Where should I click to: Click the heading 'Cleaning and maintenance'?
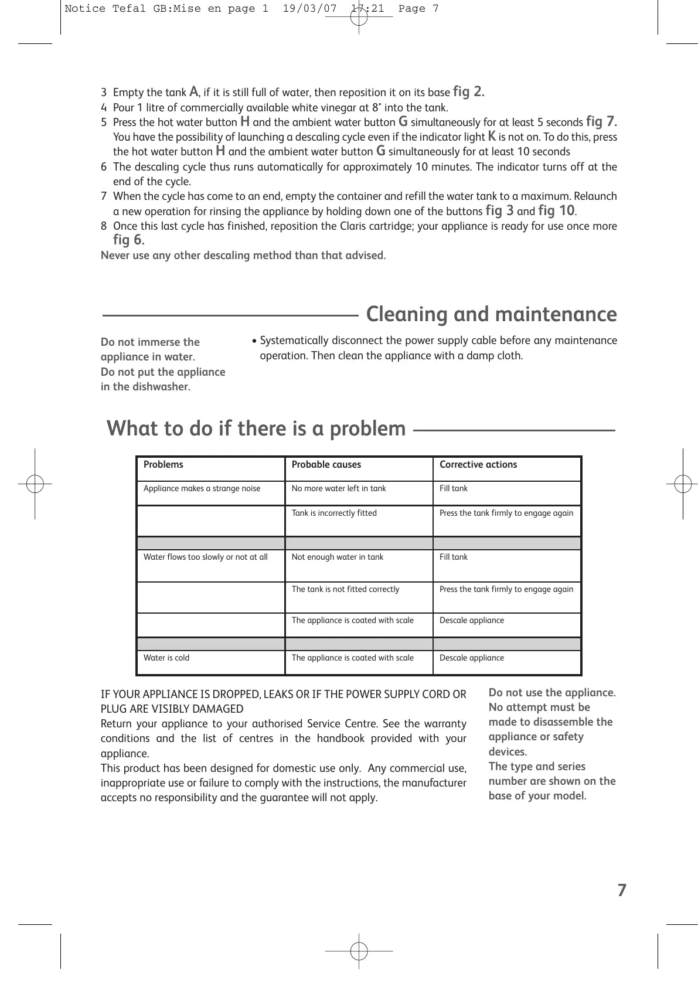491,314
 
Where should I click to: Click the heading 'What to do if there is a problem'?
256,428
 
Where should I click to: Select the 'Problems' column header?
164,465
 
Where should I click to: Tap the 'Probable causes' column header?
326,465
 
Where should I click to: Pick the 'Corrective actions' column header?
478,465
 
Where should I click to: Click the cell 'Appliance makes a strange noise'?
202,489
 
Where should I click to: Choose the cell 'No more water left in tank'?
339,489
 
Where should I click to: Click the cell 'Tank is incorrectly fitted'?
334,513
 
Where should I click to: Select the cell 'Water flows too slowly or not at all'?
206,557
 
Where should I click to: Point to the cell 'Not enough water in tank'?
338,557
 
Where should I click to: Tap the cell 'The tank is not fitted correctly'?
345,590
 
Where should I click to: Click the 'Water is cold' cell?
166,658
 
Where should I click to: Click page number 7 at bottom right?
622,890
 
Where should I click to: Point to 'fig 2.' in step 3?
468,91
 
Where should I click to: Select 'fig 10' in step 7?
556,210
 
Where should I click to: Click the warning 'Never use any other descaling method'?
243,256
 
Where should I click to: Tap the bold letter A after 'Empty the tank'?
194,91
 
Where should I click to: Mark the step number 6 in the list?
104,167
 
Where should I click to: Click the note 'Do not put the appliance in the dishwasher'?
163,379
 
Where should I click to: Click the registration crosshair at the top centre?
359,17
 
